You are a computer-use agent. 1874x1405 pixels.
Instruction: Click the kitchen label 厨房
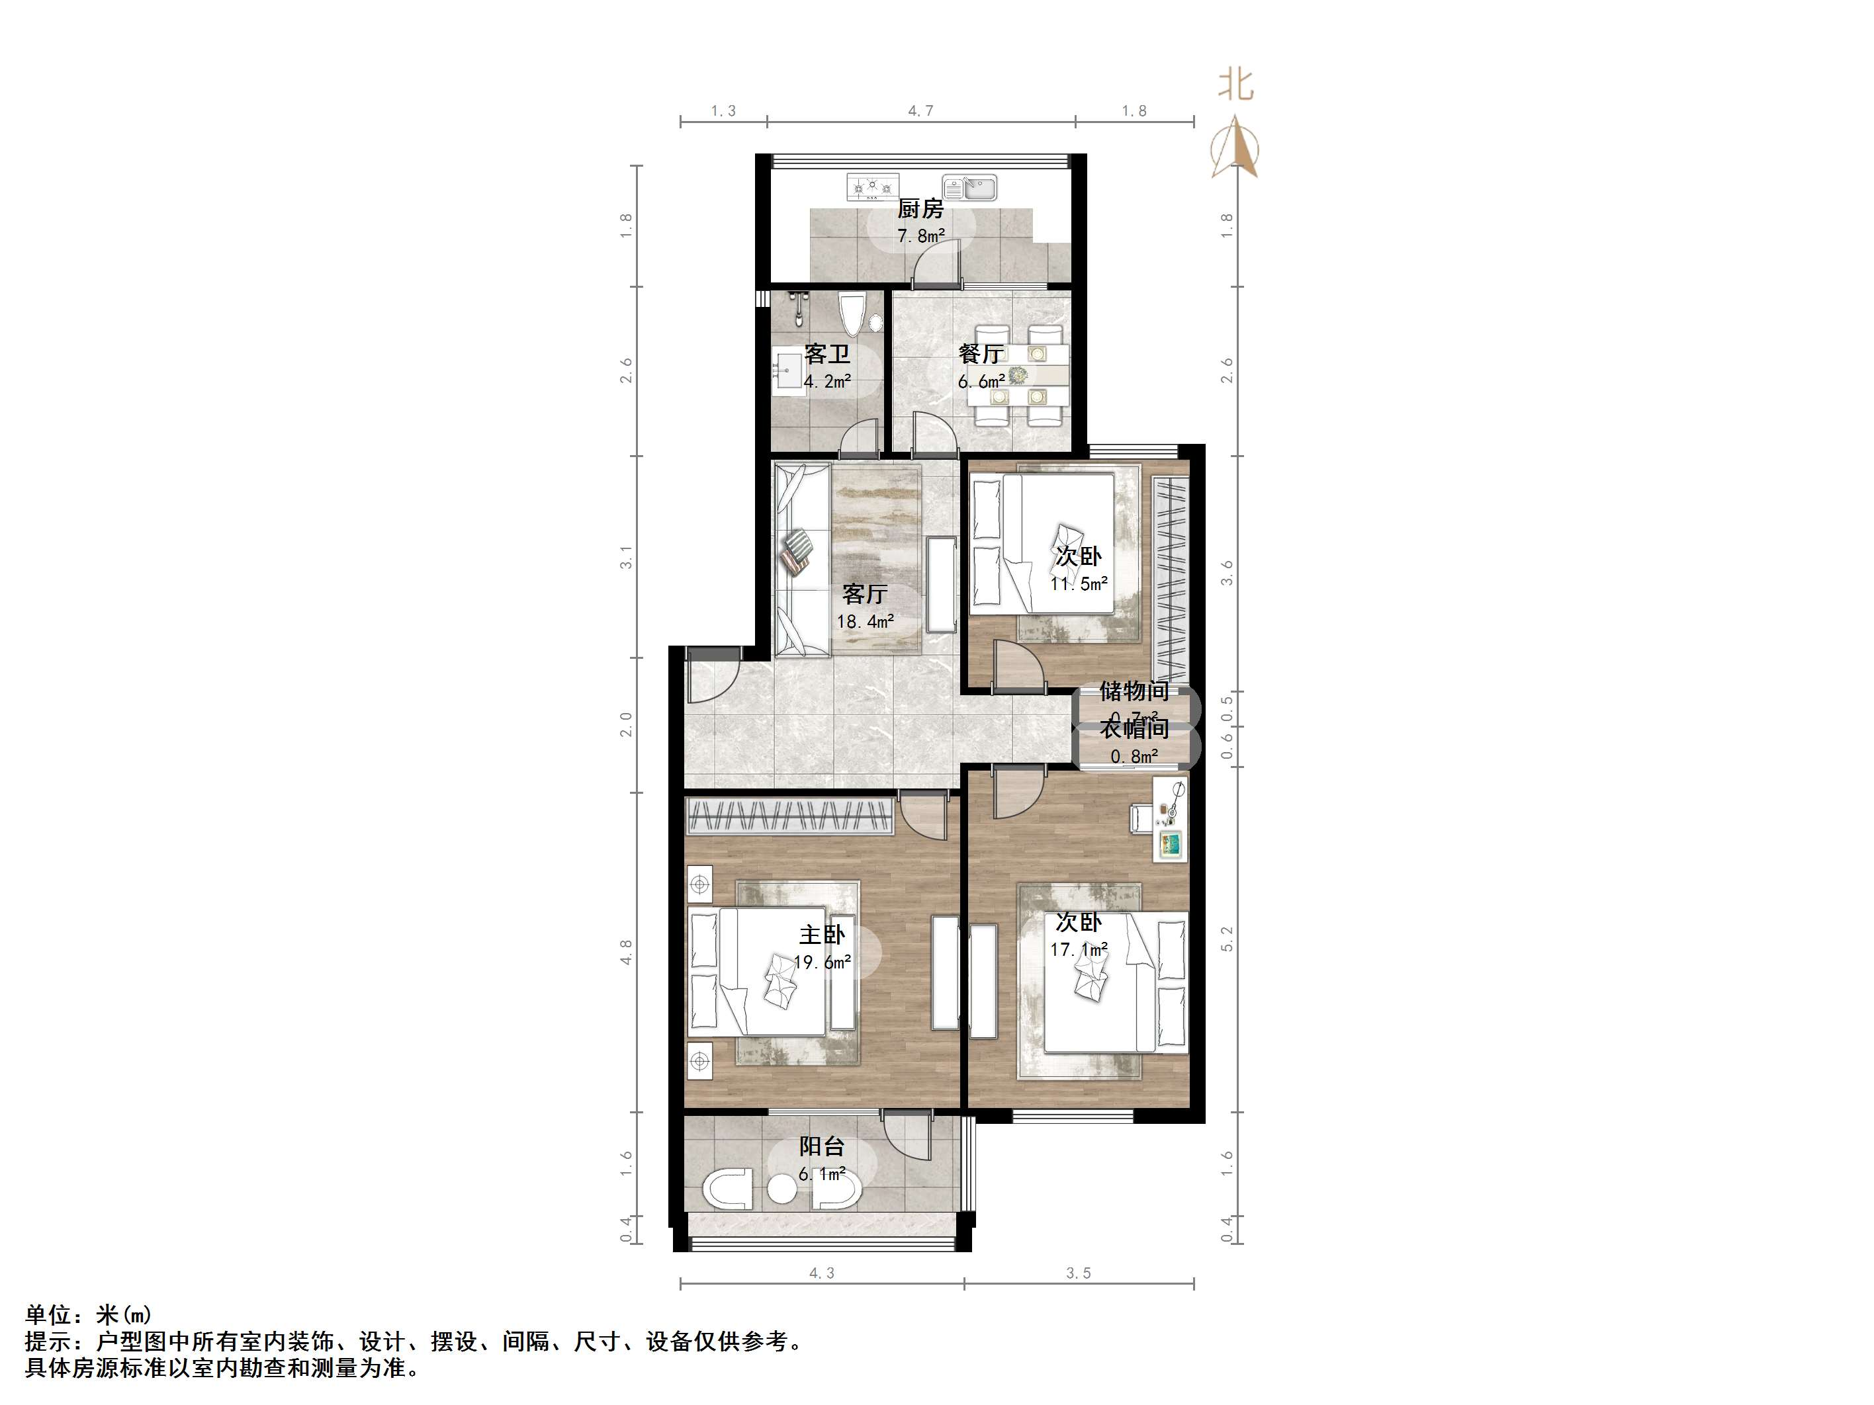920,208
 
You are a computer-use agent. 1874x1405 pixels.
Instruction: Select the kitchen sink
971,187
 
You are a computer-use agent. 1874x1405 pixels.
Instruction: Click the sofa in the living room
801,559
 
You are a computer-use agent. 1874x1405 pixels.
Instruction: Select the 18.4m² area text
865,622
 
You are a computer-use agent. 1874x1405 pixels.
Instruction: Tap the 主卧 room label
822,934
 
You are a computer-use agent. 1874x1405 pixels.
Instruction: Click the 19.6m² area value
822,962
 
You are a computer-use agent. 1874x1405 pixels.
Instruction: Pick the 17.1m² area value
1079,950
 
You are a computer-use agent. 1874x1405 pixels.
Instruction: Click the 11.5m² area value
1079,583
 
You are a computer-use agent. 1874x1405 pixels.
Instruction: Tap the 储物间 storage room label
1134,691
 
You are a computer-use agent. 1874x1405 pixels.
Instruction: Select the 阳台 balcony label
822,1147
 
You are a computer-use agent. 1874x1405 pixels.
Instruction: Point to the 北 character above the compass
1235,85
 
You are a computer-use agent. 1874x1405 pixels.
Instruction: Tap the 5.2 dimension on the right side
1227,939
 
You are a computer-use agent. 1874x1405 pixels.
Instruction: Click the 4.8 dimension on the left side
626,952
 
